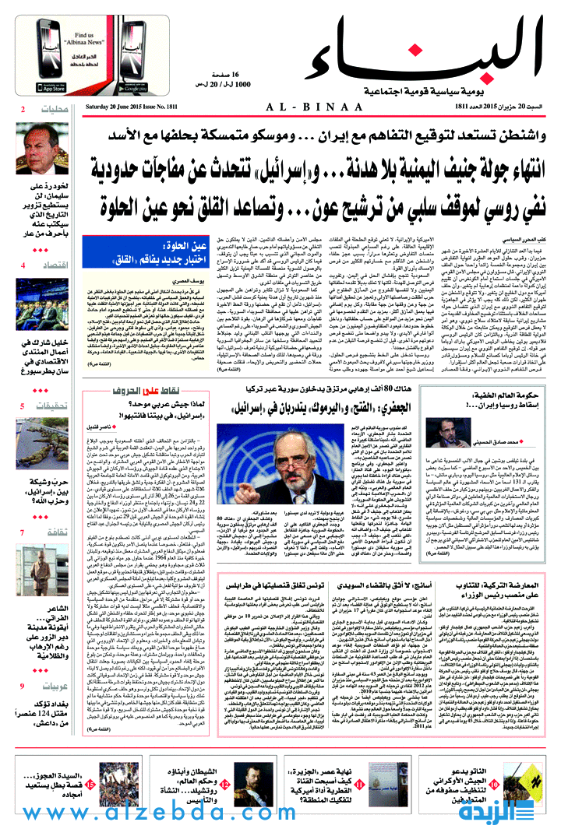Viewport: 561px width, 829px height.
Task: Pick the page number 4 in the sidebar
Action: point(23,287)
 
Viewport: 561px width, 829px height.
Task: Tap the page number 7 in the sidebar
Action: point(23,554)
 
